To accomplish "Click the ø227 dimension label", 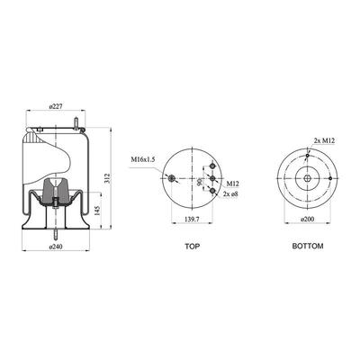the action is (55, 106).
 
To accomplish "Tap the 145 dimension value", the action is (97, 211).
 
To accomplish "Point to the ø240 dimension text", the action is (55, 247).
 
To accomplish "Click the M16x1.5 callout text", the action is (142, 159).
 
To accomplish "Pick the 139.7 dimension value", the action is (192, 219).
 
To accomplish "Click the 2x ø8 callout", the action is (230, 194).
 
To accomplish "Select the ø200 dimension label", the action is (307, 219).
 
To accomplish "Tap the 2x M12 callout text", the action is (324, 140).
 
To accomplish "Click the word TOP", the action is (192, 247).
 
